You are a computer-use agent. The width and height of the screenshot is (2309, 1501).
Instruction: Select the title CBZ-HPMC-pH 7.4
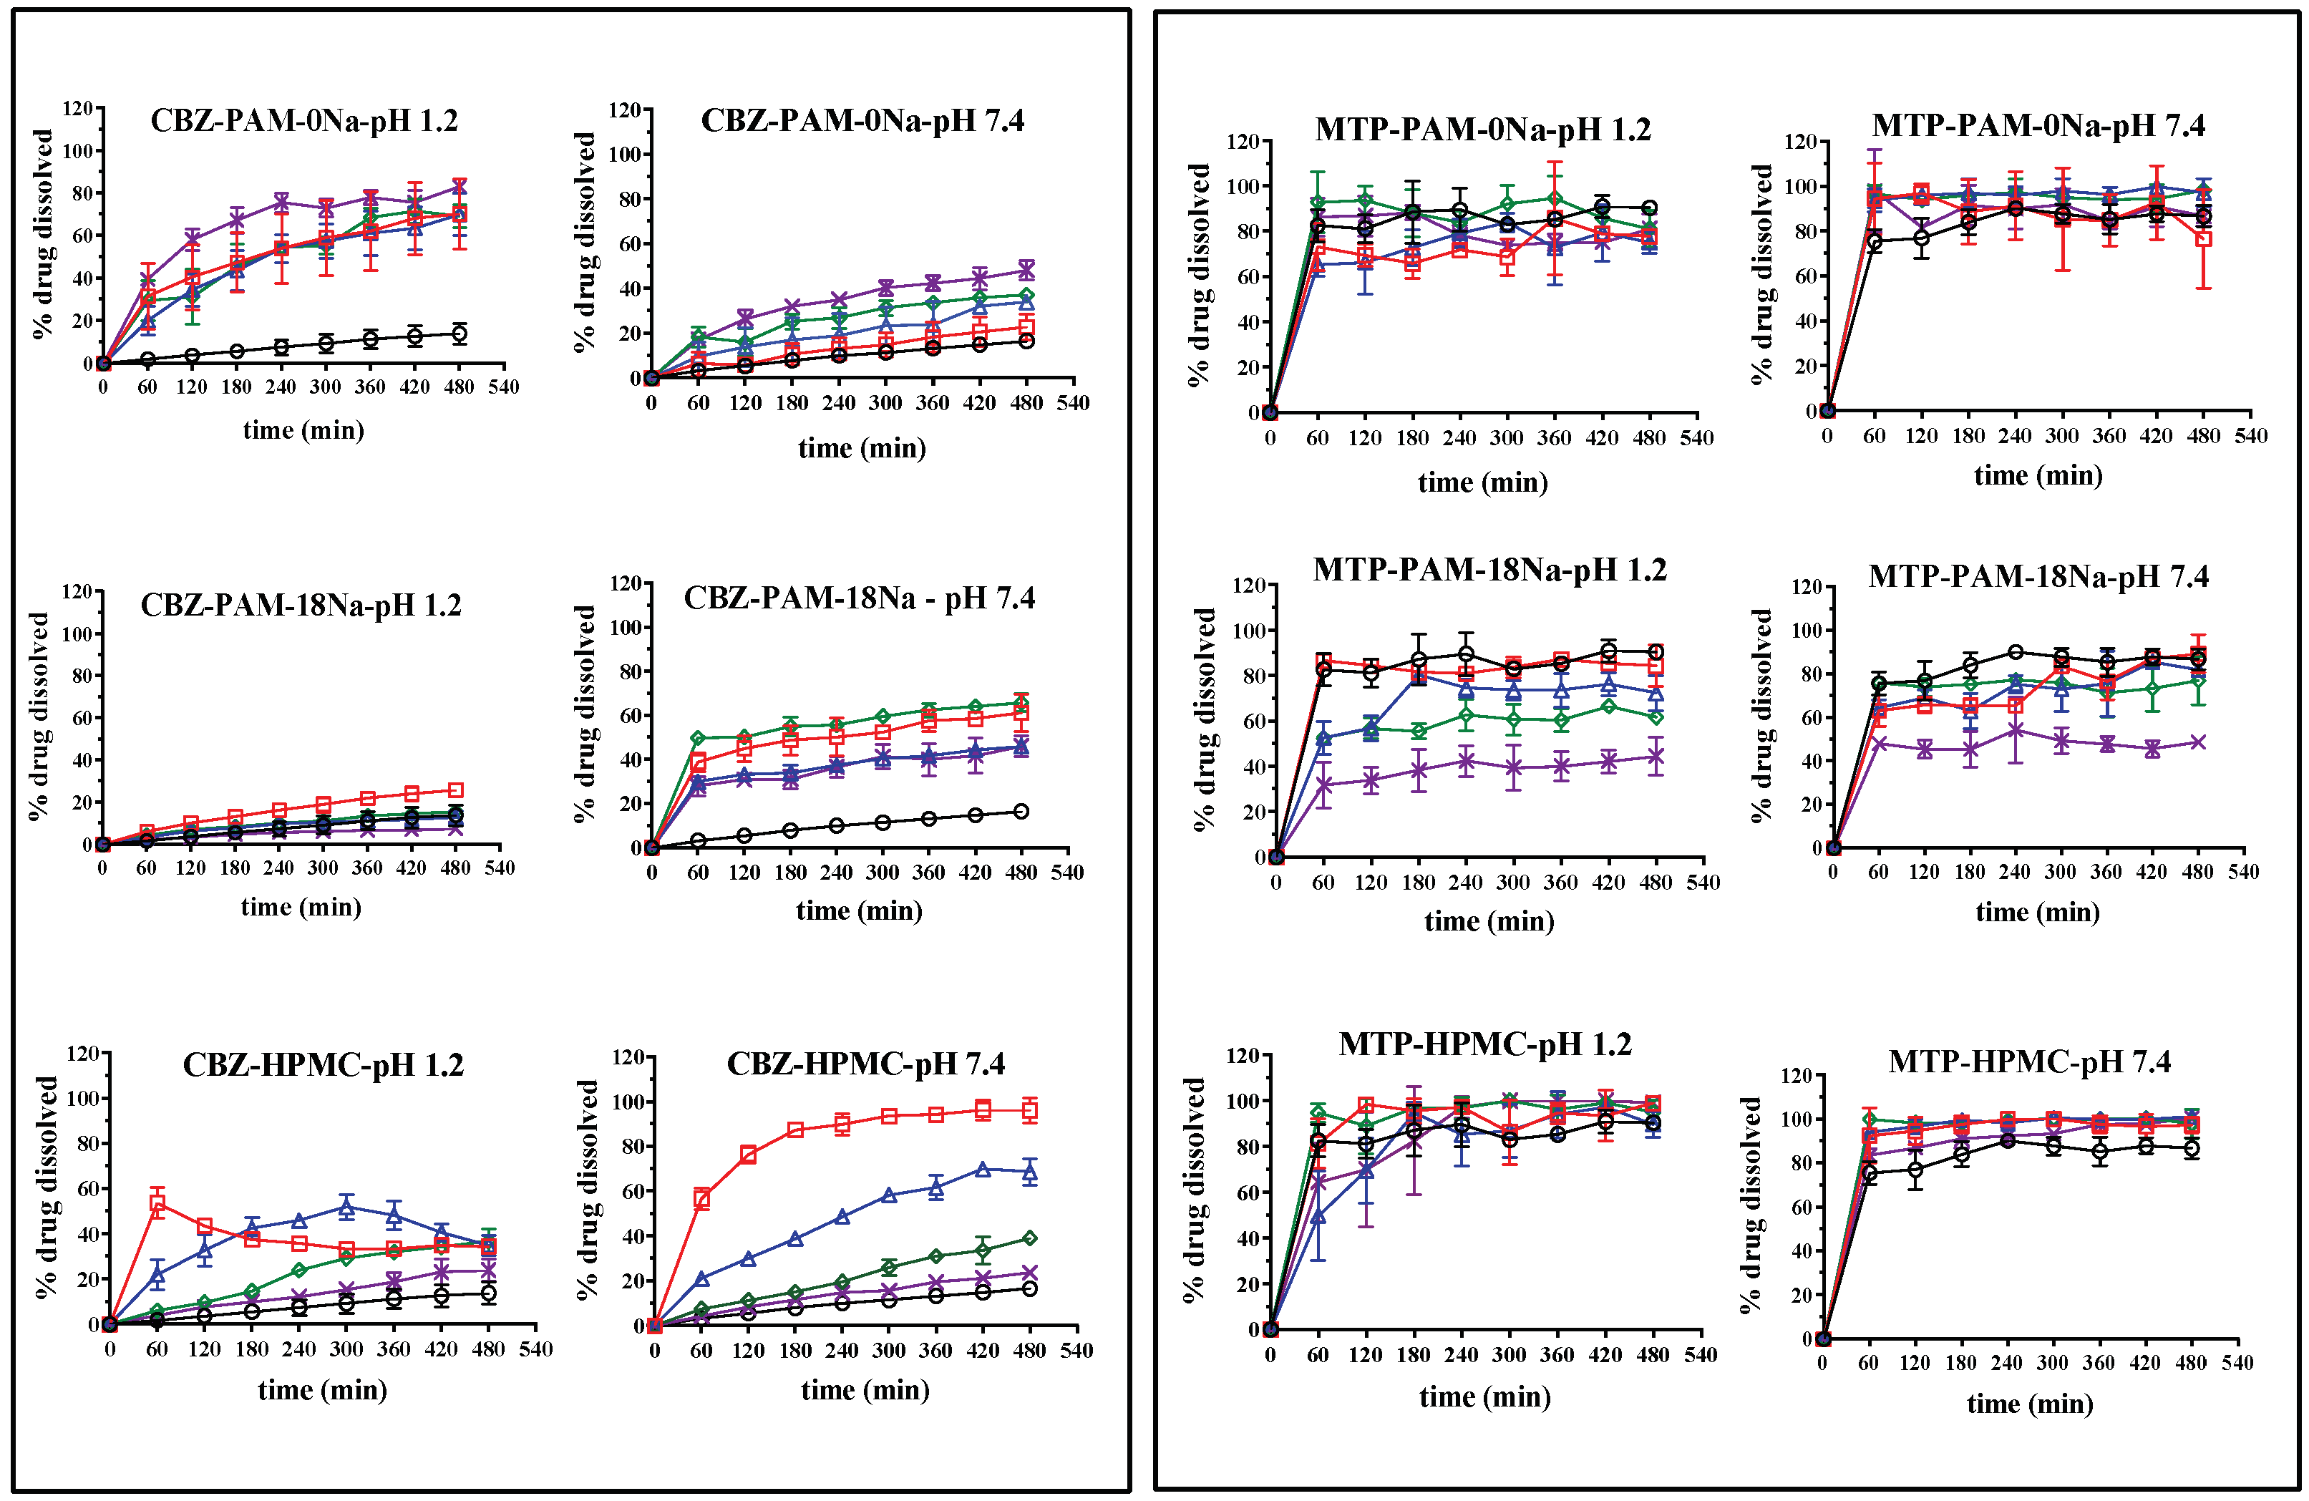pos(865,1064)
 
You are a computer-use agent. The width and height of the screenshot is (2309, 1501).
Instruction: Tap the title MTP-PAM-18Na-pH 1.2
pos(1489,570)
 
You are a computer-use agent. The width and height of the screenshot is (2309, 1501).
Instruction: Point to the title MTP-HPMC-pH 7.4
pos(2030,1062)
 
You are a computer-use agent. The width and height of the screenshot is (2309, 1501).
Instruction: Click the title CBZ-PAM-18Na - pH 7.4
pos(859,598)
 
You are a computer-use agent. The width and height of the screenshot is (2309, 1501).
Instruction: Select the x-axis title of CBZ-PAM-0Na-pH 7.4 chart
pos(862,448)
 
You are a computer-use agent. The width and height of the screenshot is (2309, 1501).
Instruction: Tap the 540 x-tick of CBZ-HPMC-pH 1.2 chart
pos(535,1349)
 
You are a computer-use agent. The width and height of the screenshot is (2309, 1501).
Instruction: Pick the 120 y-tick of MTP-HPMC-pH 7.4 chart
pos(1798,1075)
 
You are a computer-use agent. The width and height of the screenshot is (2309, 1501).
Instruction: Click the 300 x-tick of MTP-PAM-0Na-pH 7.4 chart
pos(2061,436)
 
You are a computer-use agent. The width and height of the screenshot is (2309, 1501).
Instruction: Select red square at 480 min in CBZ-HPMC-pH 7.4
pos(1029,1111)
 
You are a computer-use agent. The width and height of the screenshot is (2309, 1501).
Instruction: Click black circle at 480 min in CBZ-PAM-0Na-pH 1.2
pos(459,334)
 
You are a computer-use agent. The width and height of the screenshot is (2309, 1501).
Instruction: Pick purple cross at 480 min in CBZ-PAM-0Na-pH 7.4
pos(1026,271)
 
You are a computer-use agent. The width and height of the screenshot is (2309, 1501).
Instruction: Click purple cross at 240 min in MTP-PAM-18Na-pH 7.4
pos(2015,731)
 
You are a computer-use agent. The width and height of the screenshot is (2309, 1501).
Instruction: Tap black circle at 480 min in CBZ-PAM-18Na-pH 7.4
pos(1021,811)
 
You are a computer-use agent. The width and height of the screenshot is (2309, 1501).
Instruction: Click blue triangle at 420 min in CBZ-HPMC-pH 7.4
pos(983,1169)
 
